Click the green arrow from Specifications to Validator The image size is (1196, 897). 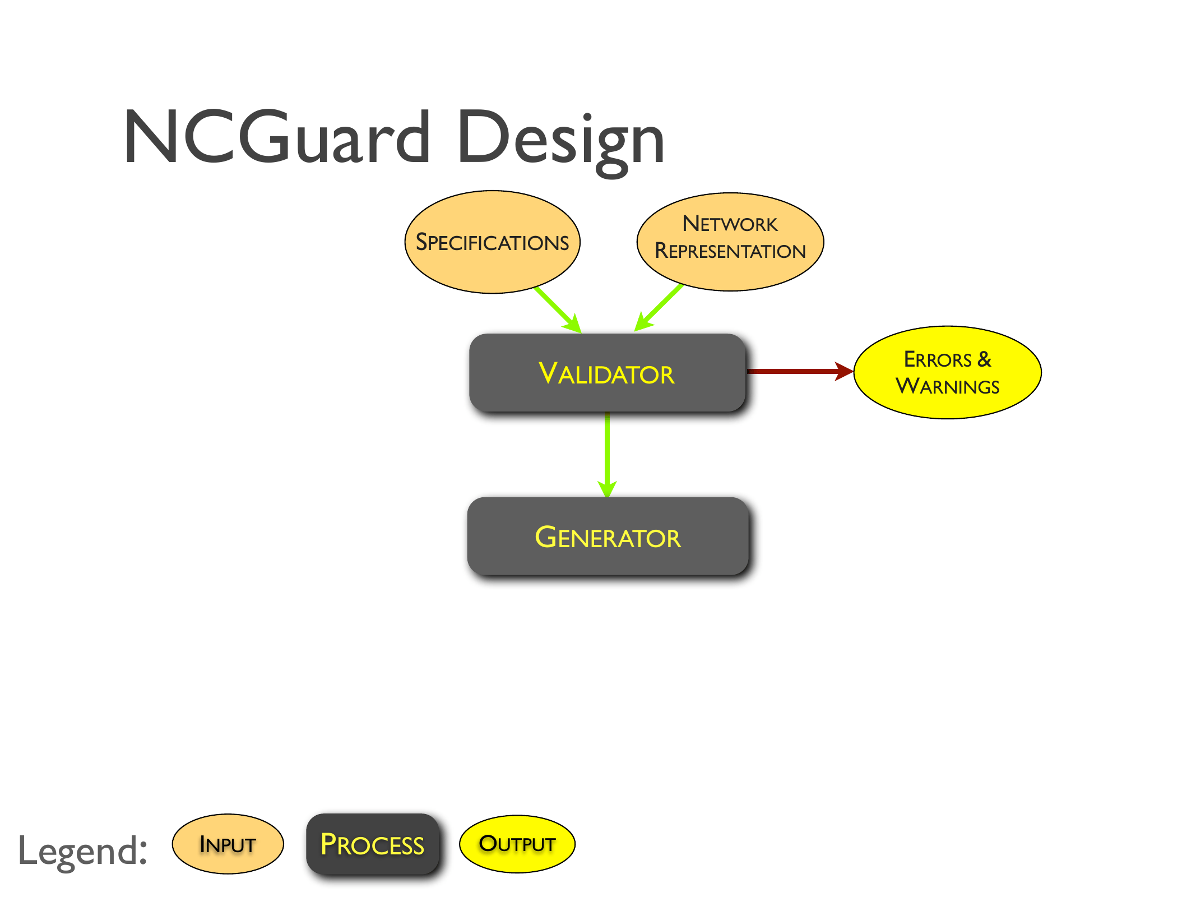pyautogui.click(x=557, y=309)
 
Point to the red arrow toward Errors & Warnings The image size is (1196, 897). pyautogui.click(x=796, y=371)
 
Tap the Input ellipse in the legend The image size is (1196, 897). pyautogui.click(x=228, y=844)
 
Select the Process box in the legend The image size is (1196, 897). pyautogui.click(x=372, y=844)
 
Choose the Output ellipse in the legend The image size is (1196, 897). pyautogui.click(x=517, y=844)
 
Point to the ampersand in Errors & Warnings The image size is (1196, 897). pyautogui.click(x=984, y=359)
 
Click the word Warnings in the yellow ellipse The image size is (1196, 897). pyautogui.click(x=947, y=386)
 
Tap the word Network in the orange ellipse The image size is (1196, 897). pyautogui.click(x=730, y=224)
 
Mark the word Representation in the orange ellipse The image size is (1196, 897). pyautogui.click(x=730, y=251)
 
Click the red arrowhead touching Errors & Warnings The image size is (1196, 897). pyautogui.click(x=843, y=371)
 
